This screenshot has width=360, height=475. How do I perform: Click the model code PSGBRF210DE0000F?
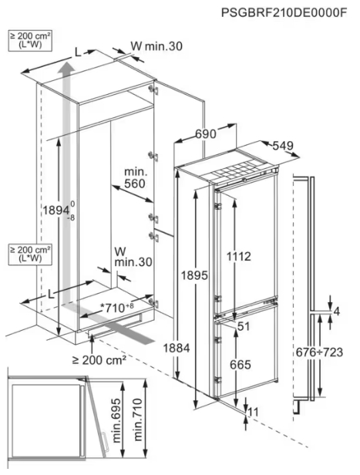pos(284,13)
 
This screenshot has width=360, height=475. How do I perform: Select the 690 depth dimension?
pos(206,133)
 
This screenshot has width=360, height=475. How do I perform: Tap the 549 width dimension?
pos(283,146)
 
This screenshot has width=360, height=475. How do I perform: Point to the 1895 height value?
pos(194,275)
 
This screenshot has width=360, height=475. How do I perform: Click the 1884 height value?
pos(177,348)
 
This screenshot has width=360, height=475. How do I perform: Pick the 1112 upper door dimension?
pos(239,257)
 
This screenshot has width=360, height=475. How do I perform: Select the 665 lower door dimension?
pos(241,365)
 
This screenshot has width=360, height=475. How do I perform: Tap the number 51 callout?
pos(244,326)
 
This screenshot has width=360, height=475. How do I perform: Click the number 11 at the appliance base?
pos(253,412)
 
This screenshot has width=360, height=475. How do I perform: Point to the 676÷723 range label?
pos(319,352)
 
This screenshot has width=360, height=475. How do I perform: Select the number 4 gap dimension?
pos(336,312)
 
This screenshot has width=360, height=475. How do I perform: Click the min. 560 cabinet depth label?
pos(135,178)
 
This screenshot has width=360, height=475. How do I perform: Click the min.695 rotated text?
pos(117,421)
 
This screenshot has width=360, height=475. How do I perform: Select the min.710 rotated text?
pos(137,419)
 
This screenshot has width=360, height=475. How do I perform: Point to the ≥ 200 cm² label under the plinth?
pos(99,360)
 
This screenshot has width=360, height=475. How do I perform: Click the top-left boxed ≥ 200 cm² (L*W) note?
pos(30,40)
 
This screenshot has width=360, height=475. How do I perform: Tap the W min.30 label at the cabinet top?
pos(156,46)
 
